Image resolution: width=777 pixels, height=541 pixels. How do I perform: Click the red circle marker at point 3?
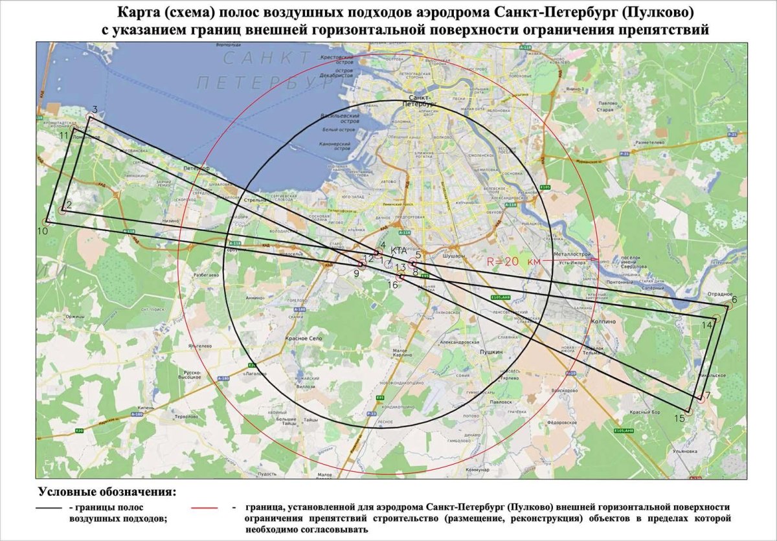89,118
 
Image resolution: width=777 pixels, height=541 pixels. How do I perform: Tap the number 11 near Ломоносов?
63,136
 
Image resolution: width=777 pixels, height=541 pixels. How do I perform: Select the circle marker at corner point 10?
47,222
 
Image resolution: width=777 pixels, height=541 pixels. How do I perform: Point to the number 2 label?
69,205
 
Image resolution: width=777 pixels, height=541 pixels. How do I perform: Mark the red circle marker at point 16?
401,277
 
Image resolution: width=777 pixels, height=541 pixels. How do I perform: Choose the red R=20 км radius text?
513,261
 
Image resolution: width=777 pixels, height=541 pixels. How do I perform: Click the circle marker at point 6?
727,306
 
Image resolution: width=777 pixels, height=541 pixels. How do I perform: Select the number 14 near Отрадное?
706,326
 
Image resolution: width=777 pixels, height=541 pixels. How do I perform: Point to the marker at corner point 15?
689,411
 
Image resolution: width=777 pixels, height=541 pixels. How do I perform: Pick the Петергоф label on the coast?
196,168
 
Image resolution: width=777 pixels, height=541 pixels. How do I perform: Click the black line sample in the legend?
50,509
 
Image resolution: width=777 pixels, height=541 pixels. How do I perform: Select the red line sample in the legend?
207,509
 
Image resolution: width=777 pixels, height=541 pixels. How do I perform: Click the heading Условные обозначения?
107,492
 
